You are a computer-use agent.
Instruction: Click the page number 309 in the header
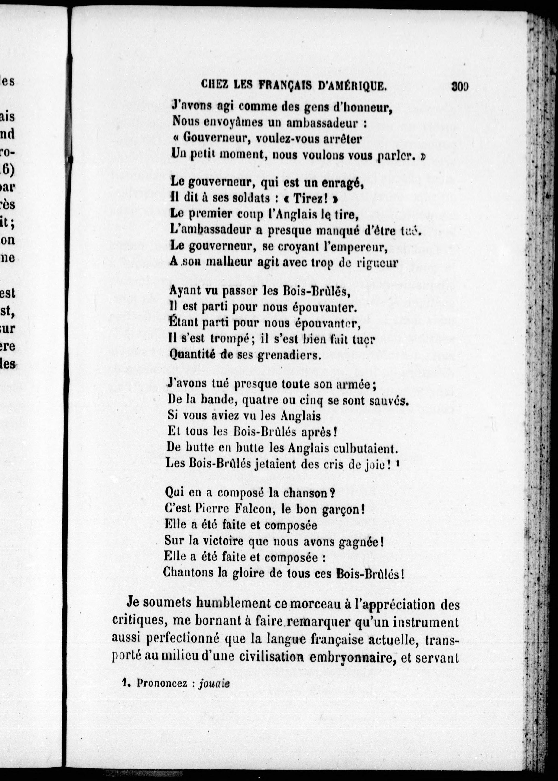click(460, 86)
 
